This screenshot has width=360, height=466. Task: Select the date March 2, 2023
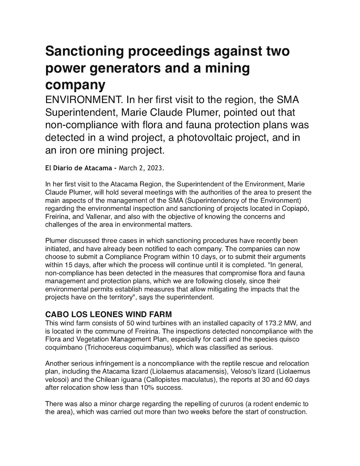(x=141, y=168)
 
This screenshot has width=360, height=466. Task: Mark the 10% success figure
(x=153, y=388)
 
